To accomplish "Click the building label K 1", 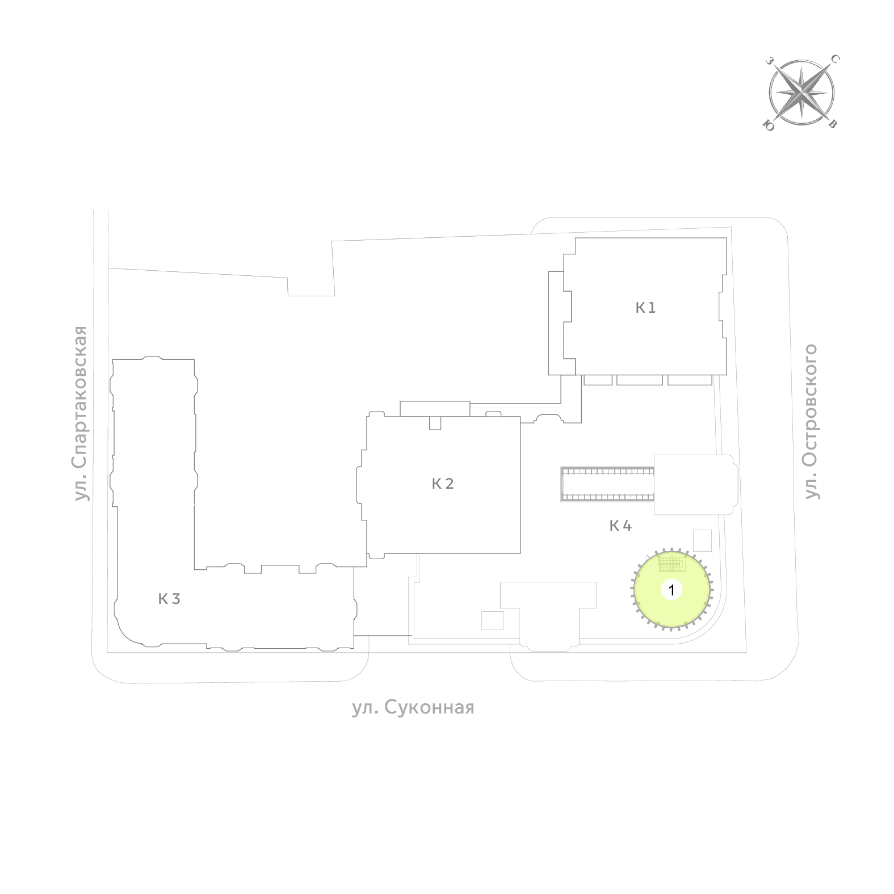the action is [645, 308].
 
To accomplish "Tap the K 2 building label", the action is [443, 484].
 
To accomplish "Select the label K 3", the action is [169, 599].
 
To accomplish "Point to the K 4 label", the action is [620, 526].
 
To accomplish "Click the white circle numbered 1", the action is [671, 590].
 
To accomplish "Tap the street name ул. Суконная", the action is [413, 708].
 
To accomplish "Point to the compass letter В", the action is [833, 124].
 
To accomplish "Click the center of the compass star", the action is [801, 92].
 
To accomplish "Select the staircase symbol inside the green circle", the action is [672, 563].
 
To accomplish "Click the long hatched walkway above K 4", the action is [607, 484].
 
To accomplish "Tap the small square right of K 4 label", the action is [703, 540].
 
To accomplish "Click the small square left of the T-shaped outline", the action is [492, 620].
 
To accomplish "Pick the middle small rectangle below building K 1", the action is [640, 380].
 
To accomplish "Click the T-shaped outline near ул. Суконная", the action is [548, 616].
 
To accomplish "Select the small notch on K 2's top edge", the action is [435, 423].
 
